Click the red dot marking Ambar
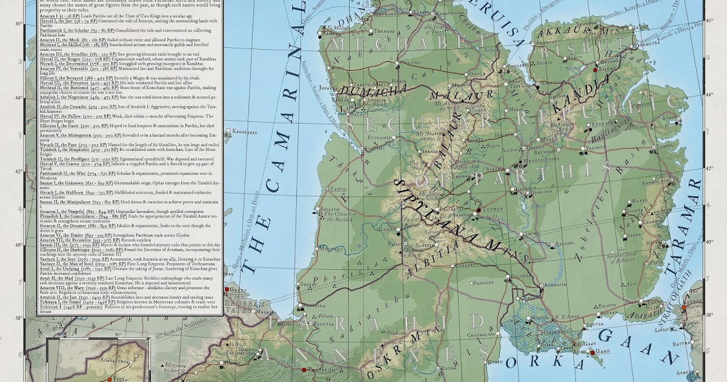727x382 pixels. [595, 70]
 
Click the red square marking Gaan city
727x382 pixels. [587, 351]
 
